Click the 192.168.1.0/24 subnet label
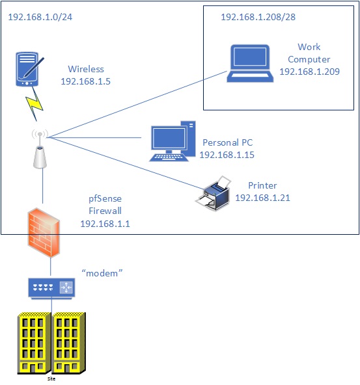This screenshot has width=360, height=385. [40, 17]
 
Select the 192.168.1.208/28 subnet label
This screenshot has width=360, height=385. [258, 17]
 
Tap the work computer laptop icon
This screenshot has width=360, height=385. [250, 63]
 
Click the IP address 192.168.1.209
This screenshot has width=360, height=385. [309, 72]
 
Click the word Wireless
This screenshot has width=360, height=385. [86, 69]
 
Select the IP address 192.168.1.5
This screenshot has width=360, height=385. [85, 81]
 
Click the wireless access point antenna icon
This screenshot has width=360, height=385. [40, 150]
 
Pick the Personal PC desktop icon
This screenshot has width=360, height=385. [173, 141]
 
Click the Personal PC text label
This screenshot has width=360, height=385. [228, 142]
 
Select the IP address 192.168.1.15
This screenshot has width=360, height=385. [227, 155]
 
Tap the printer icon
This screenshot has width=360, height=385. [214, 193]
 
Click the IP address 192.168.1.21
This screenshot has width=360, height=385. [263, 198]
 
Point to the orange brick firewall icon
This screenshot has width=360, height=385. [44, 233]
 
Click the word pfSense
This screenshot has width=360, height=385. [105, 198]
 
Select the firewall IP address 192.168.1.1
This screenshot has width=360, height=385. [105, 224]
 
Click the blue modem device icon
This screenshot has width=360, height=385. [51, 288]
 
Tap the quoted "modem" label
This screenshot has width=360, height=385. [102, 273]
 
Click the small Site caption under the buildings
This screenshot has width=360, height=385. [51, 378]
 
